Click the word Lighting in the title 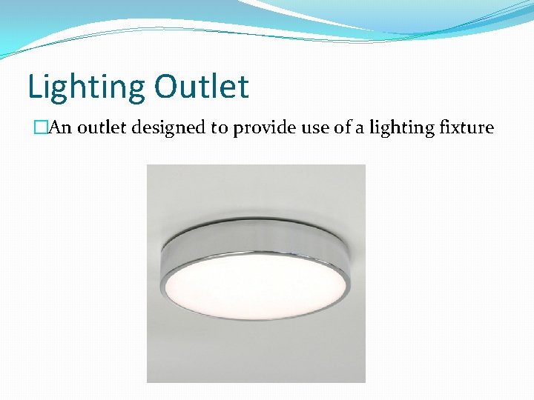coord(87,87)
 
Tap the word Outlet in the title coord(202,86)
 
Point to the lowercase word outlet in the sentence coord(100,127)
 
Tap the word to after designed coord(219,128)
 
